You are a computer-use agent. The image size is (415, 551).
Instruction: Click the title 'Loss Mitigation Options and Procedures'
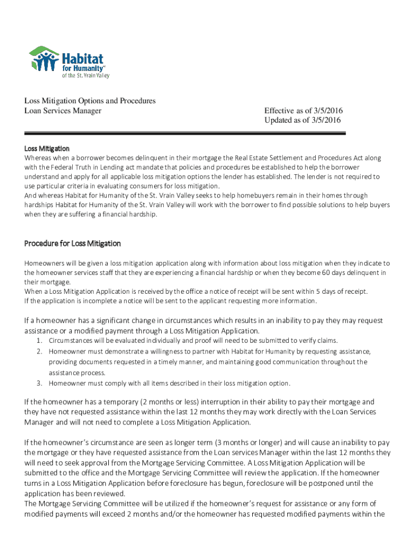click(x=90, y=101)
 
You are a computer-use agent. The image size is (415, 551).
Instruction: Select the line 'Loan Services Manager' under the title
click(x=63, y=111)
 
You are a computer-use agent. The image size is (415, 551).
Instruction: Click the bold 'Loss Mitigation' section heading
click(x=47, y=148)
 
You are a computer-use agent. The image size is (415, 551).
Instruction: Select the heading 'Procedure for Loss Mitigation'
click(x=72, y=244)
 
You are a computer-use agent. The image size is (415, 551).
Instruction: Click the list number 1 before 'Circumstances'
click(x=39, y=341)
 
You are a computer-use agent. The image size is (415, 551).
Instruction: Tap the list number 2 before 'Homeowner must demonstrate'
click(x=39, y=351)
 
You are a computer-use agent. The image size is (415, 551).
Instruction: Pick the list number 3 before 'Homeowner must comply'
click(x=39, y=384)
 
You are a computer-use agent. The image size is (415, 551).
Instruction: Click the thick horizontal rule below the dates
click(x=183, y=133)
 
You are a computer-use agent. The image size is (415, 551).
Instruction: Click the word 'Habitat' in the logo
click(x=84, y=58)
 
